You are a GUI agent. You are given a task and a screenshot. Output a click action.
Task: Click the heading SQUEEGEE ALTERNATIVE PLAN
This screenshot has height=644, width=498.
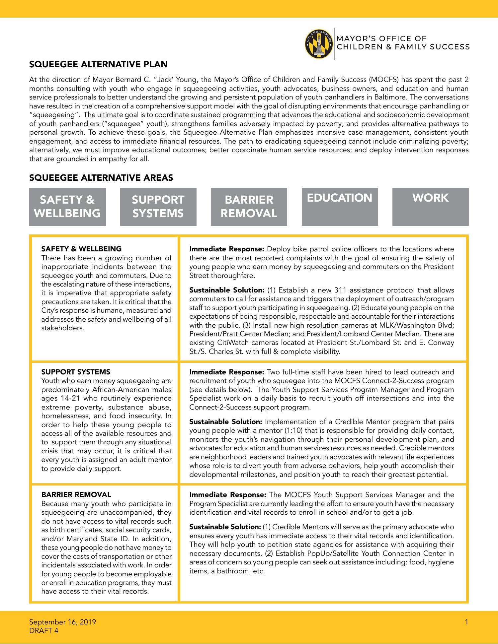98,64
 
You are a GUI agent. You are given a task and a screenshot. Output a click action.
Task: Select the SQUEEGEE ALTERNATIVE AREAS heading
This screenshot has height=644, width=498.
101,178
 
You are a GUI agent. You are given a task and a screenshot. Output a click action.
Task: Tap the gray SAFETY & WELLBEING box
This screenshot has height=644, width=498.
67,207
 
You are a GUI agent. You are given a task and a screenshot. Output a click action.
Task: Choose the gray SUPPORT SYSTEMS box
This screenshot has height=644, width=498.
158,207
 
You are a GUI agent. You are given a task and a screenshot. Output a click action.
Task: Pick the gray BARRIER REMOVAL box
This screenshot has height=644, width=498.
249,207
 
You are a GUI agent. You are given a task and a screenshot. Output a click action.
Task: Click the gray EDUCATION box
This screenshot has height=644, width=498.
339,207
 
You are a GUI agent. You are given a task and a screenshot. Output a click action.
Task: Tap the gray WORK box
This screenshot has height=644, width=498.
430,207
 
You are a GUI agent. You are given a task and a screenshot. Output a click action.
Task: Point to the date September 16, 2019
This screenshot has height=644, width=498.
62,622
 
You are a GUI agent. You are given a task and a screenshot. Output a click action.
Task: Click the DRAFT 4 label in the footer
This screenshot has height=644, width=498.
43,630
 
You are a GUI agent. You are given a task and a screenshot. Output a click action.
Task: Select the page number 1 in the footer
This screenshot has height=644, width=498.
466,622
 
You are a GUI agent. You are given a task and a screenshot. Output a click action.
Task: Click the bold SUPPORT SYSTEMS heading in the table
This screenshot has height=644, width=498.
76,372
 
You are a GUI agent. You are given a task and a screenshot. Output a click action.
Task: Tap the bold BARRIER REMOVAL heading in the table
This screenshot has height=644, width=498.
76,494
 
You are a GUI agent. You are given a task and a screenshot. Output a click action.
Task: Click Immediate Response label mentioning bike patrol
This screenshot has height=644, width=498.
226,249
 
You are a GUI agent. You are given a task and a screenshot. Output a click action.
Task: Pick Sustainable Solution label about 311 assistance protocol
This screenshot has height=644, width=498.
226,290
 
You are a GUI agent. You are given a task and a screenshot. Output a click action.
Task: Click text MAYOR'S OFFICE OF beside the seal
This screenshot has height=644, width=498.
381,39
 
